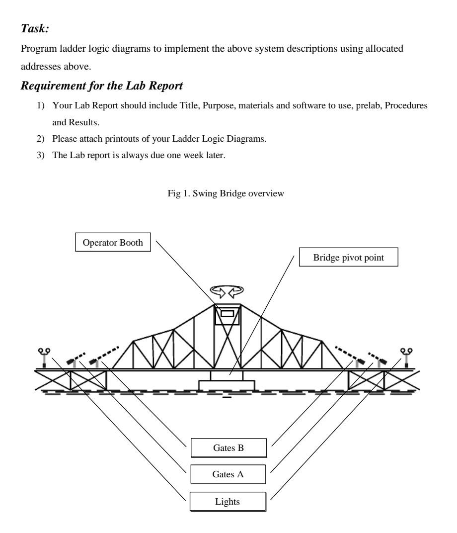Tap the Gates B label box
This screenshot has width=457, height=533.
point(228,448)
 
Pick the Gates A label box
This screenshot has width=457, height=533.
point(228,474)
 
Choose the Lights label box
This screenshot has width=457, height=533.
point(228,501)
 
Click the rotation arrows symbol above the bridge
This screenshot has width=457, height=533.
point(227,290)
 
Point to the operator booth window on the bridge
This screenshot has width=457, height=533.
point(227,314)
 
